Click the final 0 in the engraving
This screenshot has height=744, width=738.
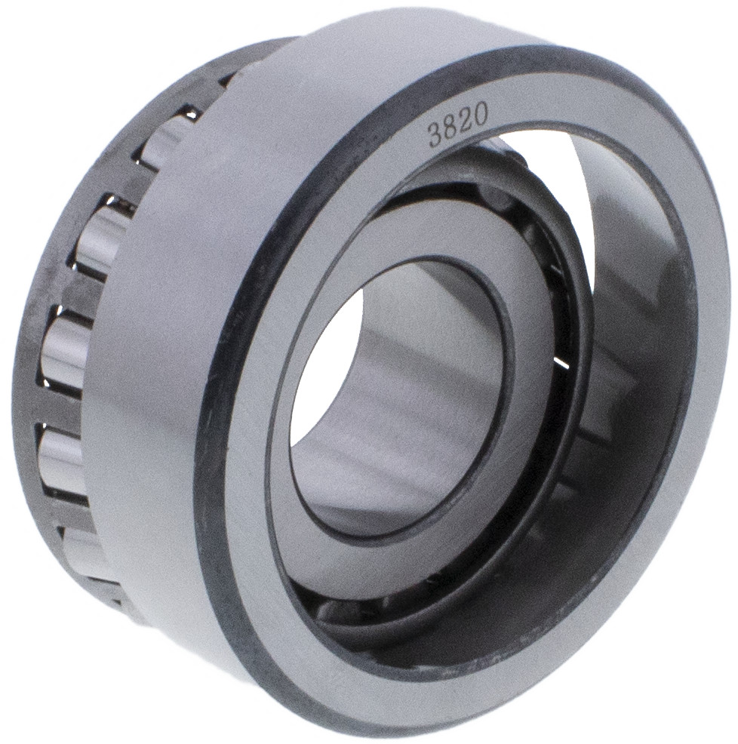(x=479, y=113)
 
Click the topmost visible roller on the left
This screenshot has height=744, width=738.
(x=166, y=143)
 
